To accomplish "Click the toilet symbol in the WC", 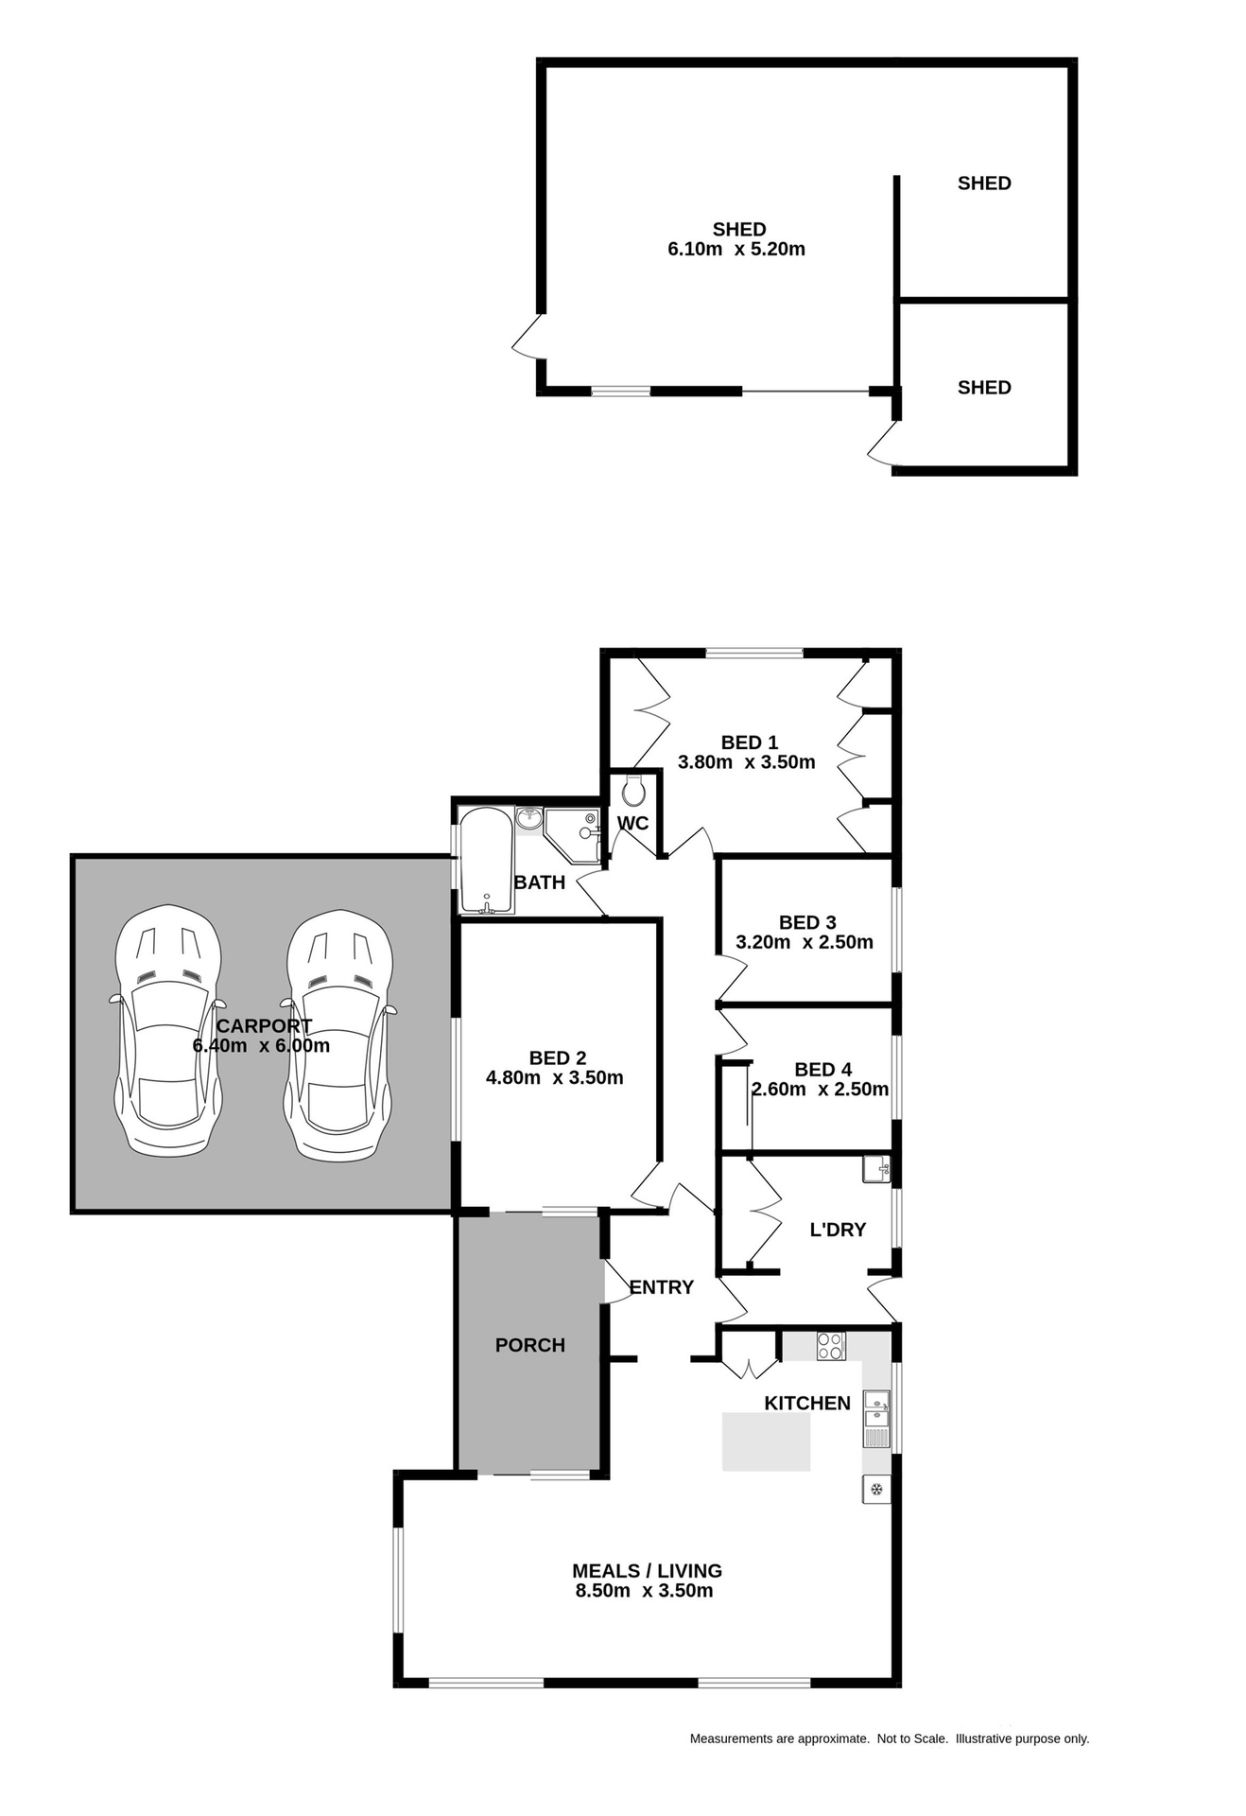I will (632, 791).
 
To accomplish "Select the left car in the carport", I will (168, 1031).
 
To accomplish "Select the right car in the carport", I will (339, 1034).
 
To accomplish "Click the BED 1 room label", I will (749, 742).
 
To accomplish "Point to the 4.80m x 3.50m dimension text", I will (554, 1077).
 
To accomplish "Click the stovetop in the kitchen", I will (830, 1345).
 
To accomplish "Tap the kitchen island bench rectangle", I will (766, 1441).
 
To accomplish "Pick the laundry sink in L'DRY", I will (876, 1169).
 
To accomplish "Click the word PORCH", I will (529, 1345).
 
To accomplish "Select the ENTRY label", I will (661, 1287).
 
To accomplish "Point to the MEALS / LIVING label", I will (647, 1571).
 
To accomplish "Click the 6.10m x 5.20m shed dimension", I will (736, 250).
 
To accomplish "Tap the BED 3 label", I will (807, 922).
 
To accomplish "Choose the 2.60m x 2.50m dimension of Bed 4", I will (820, 1090).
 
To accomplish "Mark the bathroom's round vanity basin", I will (528, 818).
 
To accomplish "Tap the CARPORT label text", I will (264, 1026).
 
